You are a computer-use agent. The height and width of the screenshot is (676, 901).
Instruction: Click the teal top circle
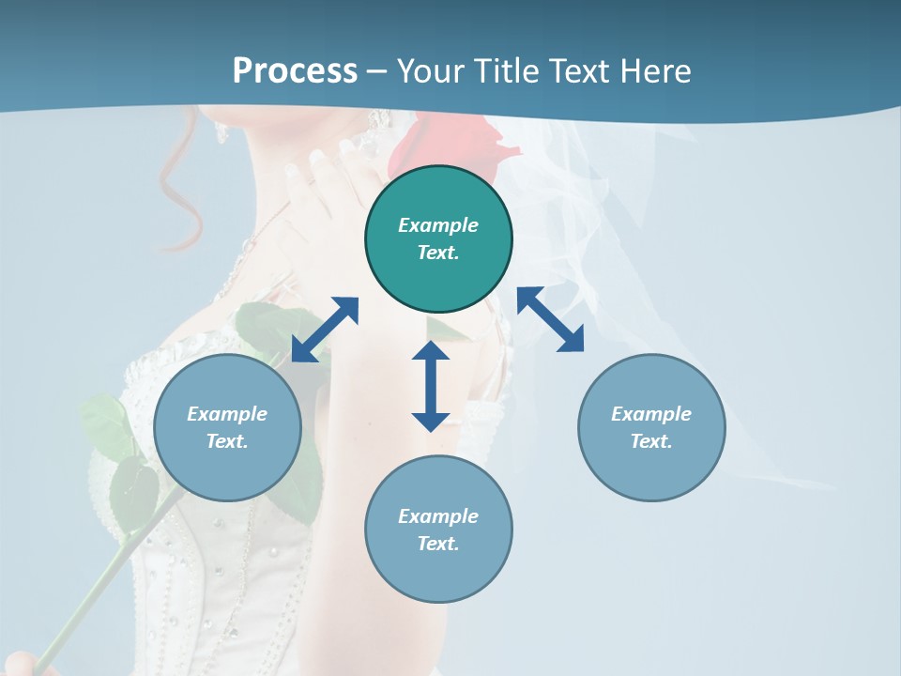pos(438,238)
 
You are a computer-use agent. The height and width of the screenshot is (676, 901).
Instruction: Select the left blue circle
pos(227,427)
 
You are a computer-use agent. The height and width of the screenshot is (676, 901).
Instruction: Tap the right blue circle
pos(651,427)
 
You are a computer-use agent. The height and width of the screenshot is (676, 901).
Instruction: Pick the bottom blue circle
pos(438,530)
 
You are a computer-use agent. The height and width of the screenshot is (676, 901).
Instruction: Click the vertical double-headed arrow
pos(431,386)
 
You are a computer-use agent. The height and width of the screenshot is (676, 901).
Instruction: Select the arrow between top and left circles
pos(325,330)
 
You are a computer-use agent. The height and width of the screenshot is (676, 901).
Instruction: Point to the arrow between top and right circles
pos(551,319)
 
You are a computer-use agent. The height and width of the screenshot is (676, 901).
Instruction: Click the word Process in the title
pos(295,70)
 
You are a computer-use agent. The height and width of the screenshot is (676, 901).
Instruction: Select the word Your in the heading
pos(431,70)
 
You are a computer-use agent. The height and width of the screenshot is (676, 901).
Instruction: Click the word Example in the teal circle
pos(438,225)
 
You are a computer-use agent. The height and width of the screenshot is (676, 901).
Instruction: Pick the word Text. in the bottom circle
pos(438,544)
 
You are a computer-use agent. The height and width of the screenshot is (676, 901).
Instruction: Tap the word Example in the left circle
pos(227,414)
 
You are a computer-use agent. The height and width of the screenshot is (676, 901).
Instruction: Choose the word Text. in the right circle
pos(651,441)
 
